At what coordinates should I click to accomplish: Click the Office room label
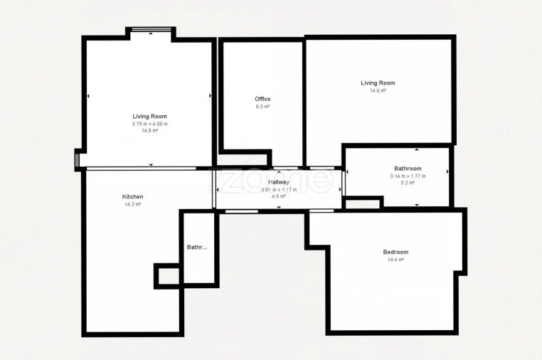(262, 99)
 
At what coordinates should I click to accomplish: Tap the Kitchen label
(132, 197)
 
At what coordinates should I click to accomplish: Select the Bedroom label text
(395, 252)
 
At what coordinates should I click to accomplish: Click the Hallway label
(279, 182)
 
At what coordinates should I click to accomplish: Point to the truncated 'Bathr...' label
(197, 248)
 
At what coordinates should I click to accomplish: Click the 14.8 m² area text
(149, 131)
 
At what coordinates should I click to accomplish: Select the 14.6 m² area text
(378, 90)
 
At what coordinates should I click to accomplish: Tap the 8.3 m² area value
(262, 107)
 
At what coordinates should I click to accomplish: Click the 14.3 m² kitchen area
(132, 205)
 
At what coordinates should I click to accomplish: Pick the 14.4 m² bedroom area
(395, 260)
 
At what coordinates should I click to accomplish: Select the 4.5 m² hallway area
(279, 196)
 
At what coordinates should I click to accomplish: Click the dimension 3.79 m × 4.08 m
(149, 124)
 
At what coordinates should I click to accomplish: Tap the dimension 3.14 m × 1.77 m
(408, 176)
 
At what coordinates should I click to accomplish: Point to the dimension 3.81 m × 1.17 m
(279, 190)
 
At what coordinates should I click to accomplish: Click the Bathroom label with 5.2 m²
(408, 169)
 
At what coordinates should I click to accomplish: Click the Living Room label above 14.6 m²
(378, 83)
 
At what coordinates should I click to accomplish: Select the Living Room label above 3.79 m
(149, 116)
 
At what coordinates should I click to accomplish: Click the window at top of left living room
(151, 30)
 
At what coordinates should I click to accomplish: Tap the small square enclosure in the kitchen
(168, 275)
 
